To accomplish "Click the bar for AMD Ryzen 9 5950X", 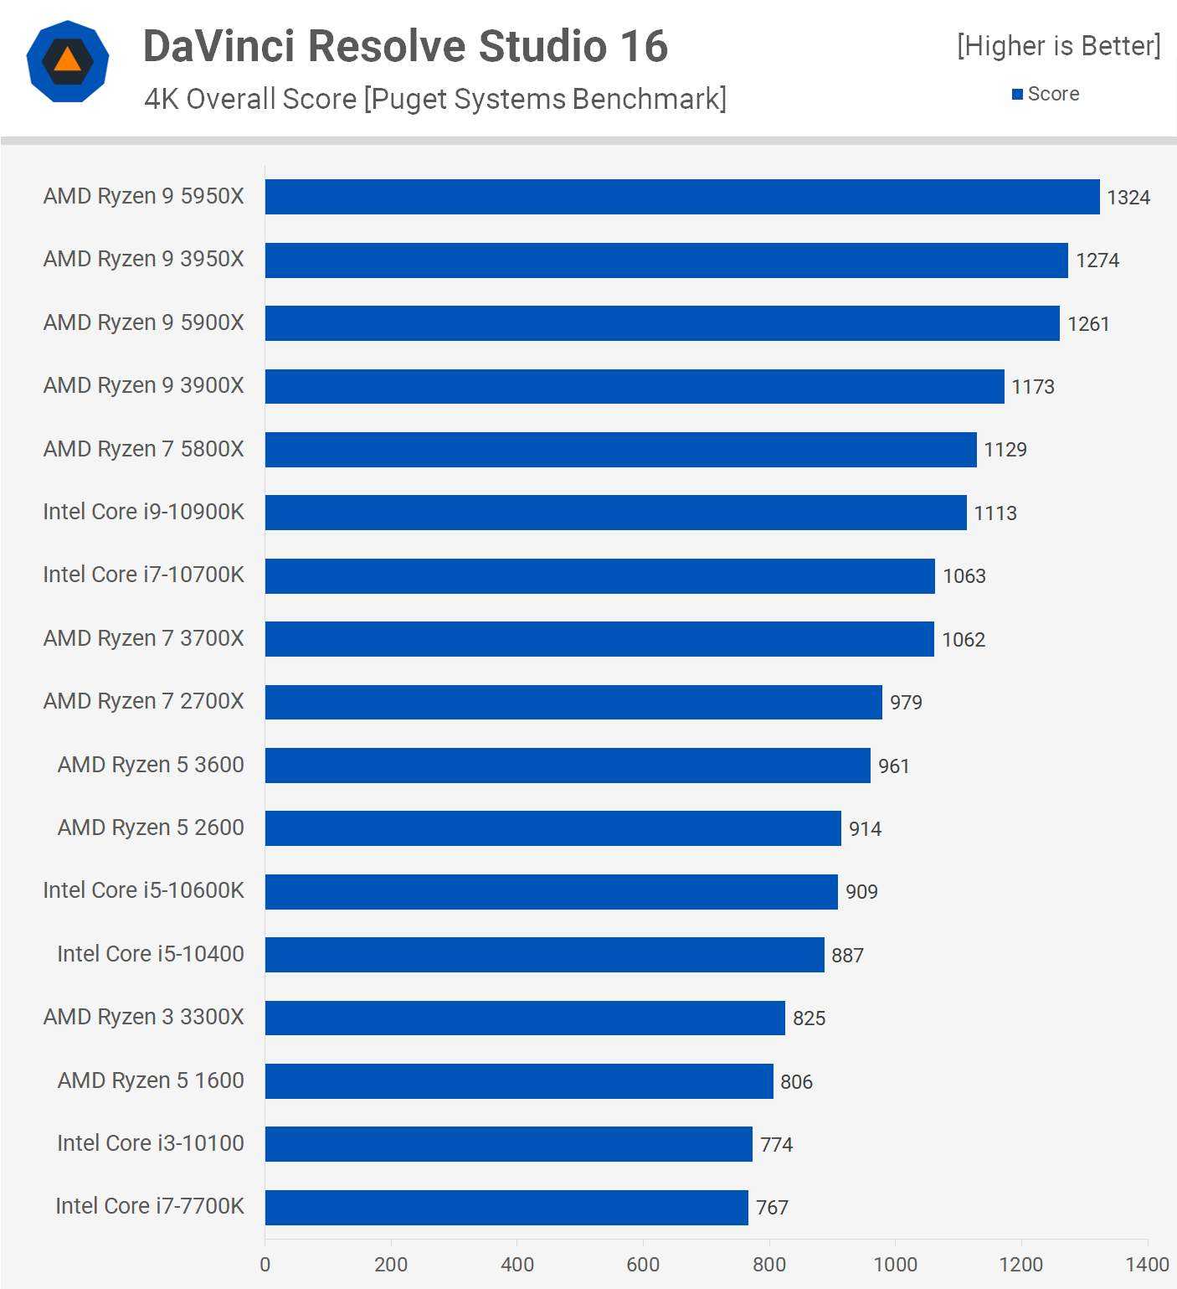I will [682, 197].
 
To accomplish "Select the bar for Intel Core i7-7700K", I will [506, 1208].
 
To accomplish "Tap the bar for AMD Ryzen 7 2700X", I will [573, 702].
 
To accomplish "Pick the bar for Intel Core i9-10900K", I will [616, 513].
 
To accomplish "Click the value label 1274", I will [1097, 260].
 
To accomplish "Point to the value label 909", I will [861, 892].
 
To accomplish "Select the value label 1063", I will [964, 576].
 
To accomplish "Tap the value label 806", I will [796, 1082].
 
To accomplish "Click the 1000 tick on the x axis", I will [895, 1265].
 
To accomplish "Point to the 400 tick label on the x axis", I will [517, 1265].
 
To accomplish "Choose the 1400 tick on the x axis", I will [1147, 1265].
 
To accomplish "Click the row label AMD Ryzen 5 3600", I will [151, 765].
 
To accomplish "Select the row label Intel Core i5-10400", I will [151, 954].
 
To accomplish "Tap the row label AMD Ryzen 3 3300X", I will [144, 1017].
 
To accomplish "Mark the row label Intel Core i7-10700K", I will [144, 575].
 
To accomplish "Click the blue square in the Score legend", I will [1017, 94].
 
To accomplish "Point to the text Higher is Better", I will [1059, 46].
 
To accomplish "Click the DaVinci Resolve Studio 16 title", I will [405, 46].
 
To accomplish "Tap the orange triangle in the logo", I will [67, 60].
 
